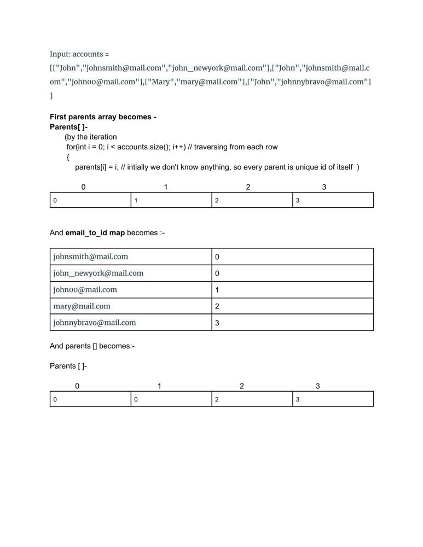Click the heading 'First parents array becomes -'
103,117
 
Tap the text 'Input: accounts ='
79,54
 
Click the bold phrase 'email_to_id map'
95,232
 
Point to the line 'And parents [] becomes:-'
92,346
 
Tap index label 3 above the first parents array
324,187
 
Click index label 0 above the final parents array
77,386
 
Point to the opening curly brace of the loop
68,157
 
